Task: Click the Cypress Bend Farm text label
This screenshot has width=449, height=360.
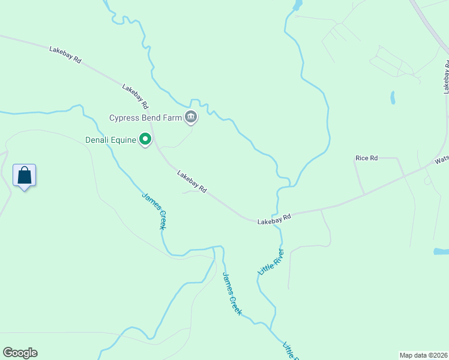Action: pyautogui.click(x=145, y=118)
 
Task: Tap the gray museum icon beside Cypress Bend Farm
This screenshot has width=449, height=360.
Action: pyautogui.click(x=191, y=117)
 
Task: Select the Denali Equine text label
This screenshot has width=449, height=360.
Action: pyautogui.click(x=110, y=140)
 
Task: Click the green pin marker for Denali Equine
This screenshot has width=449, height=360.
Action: pyautogui.click(x=145, y=140)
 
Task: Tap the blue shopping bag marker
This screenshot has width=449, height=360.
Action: pyautogui.click(x=24, y=176)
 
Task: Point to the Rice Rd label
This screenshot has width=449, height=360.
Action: pyautogui.click(x=366, y=158)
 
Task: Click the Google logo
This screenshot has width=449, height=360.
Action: pyautogui.click(x=20, y=353)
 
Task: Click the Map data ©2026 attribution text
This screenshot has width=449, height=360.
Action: pyautogui.click(x=424, y=355)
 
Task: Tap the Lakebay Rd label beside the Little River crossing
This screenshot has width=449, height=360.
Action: pyautogui.click(x=274, y=220)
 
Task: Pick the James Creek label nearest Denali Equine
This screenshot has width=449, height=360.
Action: pyautogui.click(x=154, y=211)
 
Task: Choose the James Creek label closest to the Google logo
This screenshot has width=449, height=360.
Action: pyautogui.click(x=232, y=293)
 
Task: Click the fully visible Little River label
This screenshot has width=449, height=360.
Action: pyautogui.click(x=270, y=262)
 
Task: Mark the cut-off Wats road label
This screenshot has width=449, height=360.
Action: pyautogui.click(x=442, y=160)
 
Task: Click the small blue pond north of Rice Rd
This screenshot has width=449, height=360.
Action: pyautogui.click(x=393, y=97)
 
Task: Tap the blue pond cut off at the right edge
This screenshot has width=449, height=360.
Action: pyautogui.click(x=441, y=251)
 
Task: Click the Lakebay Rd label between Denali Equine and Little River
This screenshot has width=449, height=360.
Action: pyautogui.click(x=192, y=182)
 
